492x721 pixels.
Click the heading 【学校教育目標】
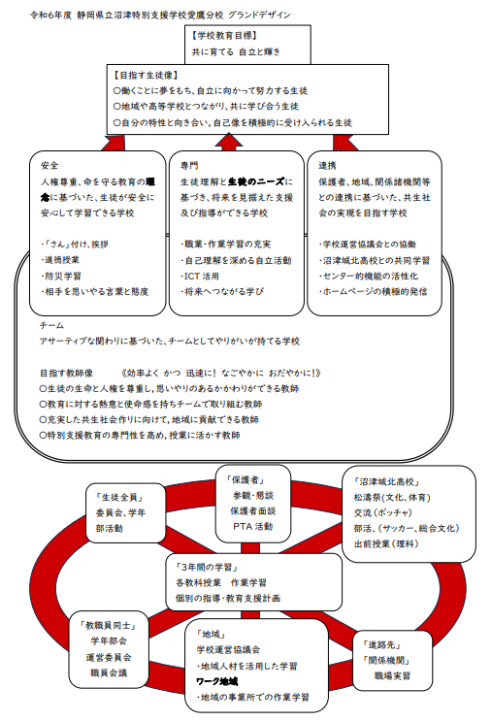(x=224, y=35)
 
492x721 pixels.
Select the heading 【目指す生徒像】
(x=146, y=76)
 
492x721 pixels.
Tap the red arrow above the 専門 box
(x=229, y=142)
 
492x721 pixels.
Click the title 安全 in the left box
(x=49, y=166)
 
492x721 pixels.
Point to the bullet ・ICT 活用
(x=200, y=277)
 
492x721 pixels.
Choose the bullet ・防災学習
(x=61, y=276)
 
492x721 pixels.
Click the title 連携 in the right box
(x=327, y=166)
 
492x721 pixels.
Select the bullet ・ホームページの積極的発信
(x=373, y=291)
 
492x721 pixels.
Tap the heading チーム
(x=51, y=326)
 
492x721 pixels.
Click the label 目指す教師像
(x=66, y=373)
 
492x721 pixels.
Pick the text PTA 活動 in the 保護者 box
(x=253, y=527)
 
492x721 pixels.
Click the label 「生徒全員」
(x=119, y=497)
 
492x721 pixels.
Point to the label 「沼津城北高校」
(x=386, y=482)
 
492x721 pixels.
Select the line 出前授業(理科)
(x=386, y=544)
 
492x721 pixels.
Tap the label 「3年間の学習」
(x=207, y=567)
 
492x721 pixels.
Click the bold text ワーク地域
(x=216, y=681)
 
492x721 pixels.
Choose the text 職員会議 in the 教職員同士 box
(x=109, y=672)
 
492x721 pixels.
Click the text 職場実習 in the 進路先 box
(x=392, y=676)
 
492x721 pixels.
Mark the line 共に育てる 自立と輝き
(x=236, y=52)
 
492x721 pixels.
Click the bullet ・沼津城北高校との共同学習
(x=375, y=261)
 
